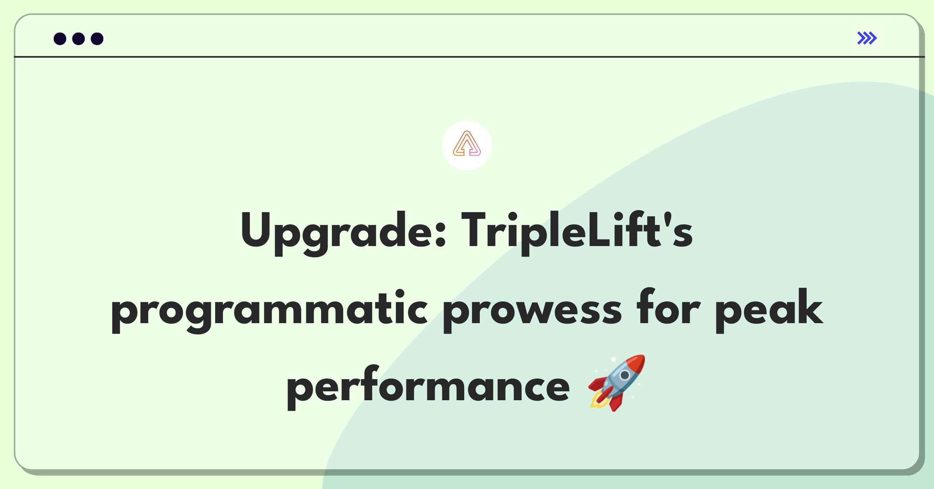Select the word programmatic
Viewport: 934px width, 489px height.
click(x=269, y=311)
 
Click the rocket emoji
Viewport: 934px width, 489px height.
click(x=617, y=382)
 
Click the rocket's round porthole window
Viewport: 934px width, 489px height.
click(x=625, y=375)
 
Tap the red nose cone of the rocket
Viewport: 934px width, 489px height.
click(x=635, y=362)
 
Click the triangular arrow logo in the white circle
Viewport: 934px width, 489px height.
click(x=467, y=144)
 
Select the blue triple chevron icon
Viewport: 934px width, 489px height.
click(x=867, y=38)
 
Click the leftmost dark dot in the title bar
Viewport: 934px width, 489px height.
click(x=60, y=39)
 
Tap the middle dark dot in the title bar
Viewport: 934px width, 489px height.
click(x=79, y=39)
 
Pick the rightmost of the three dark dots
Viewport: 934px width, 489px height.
click(x=97, y=39)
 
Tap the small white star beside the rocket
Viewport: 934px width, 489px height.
click(x=614, y=359)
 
